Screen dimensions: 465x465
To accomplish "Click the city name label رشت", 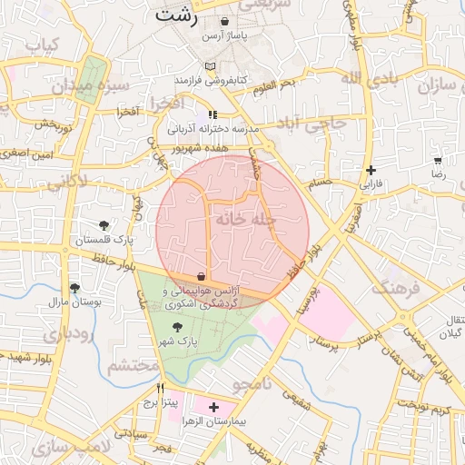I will (175, 15).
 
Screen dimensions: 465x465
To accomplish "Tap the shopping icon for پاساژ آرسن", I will (224, 21).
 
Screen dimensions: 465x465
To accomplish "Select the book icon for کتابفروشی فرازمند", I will (211, 66).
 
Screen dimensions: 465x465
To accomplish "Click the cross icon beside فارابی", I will (371, 170).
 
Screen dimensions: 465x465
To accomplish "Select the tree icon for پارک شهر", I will (176, 328).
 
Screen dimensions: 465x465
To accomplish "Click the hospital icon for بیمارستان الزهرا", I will (213, 409).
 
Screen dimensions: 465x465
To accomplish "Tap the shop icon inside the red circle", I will (201, 276).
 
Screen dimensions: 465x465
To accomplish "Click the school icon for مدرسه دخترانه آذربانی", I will (213, 114).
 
